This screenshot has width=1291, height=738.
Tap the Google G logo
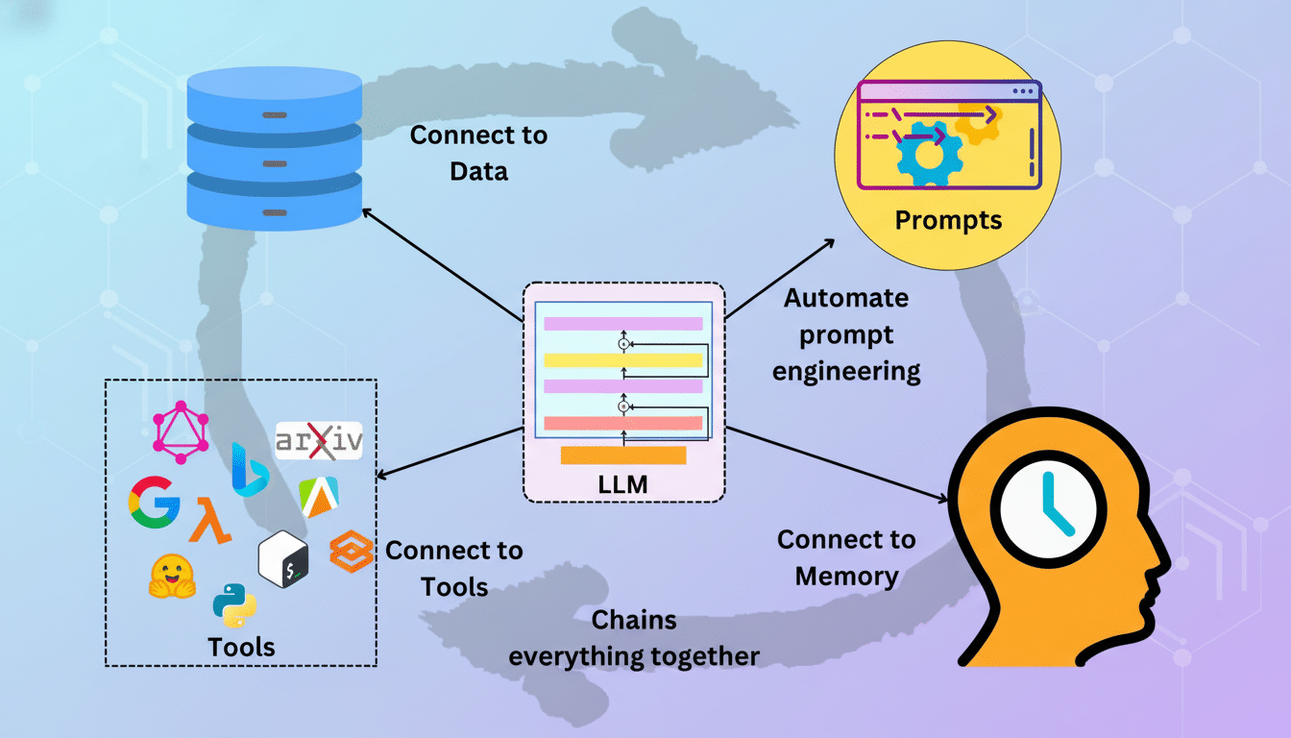click(154, 502)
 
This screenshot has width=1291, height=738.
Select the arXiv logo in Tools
click(318, 440)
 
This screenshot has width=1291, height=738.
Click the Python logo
click(233, 603)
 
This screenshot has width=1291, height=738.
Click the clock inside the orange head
click(1049, 507)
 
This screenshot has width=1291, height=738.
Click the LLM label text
click(622, 485)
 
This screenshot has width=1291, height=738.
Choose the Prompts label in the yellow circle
click(948, 220)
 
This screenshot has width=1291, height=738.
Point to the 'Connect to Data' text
click(478, 153)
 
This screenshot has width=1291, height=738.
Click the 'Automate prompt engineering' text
click(846, 334)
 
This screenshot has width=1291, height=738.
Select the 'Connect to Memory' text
click(846, 557)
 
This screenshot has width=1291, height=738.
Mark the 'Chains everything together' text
click(634, 638)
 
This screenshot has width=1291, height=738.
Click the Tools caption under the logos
click(242, 647)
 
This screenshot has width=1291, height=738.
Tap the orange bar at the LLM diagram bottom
click(622, 455)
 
